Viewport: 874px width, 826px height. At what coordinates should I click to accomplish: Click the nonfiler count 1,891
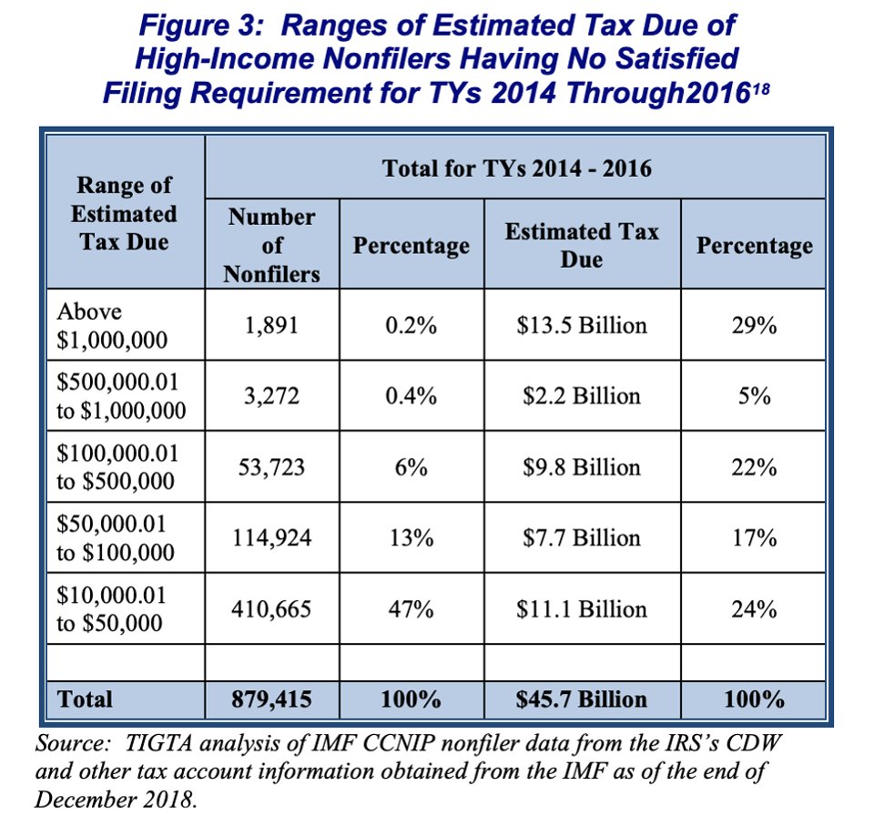pos(271,325)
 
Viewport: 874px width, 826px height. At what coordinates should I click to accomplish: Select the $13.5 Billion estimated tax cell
pos(582,325)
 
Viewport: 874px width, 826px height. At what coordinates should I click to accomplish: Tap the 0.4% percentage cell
pos(411,396)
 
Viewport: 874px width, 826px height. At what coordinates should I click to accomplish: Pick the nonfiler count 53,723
pos(271,467)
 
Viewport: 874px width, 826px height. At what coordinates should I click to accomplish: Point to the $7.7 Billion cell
pos(582,538)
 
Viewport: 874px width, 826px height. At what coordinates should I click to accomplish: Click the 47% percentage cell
pos(411,609)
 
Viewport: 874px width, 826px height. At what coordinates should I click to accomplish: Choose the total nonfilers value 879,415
pos(271,699)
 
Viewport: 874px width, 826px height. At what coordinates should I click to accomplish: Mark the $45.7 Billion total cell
pos(582,699)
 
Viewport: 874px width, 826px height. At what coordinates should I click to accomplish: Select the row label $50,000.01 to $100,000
pos(114,538)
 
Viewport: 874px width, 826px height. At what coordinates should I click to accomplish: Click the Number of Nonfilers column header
pos(271,245)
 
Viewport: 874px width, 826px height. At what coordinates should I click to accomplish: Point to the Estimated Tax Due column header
pos(582,245)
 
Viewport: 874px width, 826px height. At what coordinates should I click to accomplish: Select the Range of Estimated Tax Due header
pos(124,214)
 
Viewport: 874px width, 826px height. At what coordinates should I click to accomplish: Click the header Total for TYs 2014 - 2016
pos(516,168)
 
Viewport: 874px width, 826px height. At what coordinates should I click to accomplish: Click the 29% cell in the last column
pos(754,325)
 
